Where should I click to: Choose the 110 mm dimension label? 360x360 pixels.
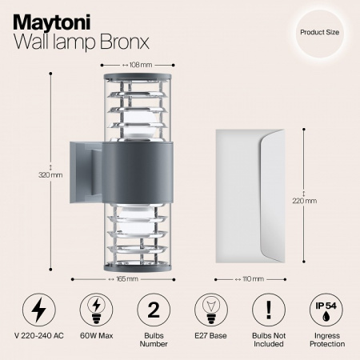pos(253,278)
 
